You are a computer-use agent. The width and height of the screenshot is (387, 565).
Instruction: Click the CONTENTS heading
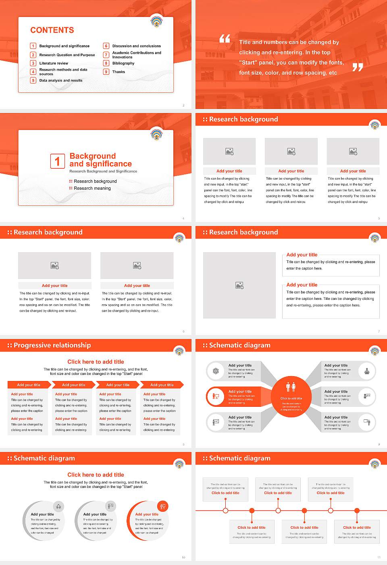coord(52,30)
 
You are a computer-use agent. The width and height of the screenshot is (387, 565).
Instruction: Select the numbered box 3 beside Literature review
coord(33,63)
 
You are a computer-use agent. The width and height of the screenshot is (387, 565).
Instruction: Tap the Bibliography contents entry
coord(123,63)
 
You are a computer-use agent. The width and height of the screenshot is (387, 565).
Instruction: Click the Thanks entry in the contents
coord(119,72)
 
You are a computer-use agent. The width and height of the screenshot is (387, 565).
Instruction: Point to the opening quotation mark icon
coord(225,39)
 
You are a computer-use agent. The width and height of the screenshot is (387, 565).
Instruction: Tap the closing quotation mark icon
coord(358,67)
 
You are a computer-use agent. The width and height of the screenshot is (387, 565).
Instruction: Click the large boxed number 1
coord(57,161)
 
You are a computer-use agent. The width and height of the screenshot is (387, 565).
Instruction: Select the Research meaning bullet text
coord(92,188)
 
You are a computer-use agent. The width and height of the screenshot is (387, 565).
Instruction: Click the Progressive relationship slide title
coord(52,345)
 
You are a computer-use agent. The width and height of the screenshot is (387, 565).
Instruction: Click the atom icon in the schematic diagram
coord(216,371)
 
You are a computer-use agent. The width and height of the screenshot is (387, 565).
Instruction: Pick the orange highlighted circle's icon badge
coord(163,506)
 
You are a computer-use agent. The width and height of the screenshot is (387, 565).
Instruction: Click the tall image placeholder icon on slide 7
coord(239,285)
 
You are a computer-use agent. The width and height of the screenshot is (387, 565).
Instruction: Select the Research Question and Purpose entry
coord(67,55)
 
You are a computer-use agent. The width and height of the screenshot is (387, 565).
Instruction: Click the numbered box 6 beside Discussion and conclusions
coord(106,46)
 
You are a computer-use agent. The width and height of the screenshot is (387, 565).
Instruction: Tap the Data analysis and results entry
coord(60,80)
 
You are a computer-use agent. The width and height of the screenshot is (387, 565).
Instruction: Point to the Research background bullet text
coord(95,181)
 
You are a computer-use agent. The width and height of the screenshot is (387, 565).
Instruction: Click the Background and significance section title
coord(100,160)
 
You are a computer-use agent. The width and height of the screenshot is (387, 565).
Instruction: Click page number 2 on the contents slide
coord(183,105)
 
